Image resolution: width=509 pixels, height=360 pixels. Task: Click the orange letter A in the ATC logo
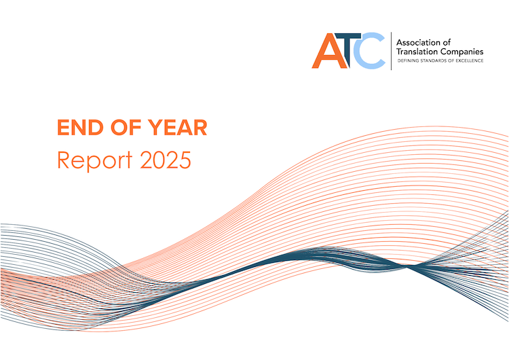click(x=325, y=53)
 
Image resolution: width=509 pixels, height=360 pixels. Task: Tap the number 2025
click(x=166, y=160)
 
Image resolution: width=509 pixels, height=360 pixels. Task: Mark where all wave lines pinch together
click(x=409, y=267)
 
